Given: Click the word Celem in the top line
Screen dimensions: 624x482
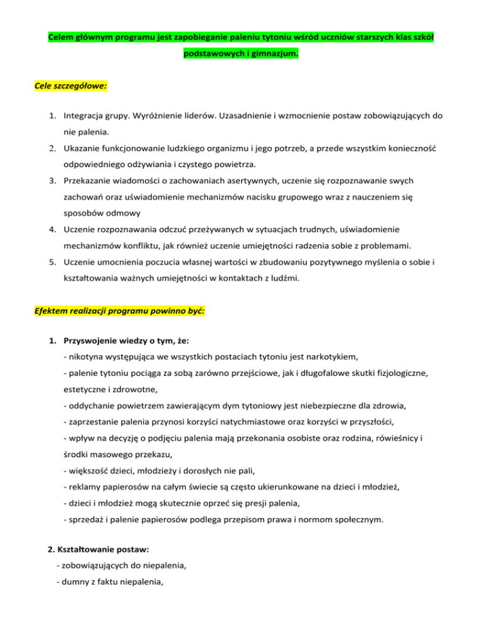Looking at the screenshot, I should point(62,38).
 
